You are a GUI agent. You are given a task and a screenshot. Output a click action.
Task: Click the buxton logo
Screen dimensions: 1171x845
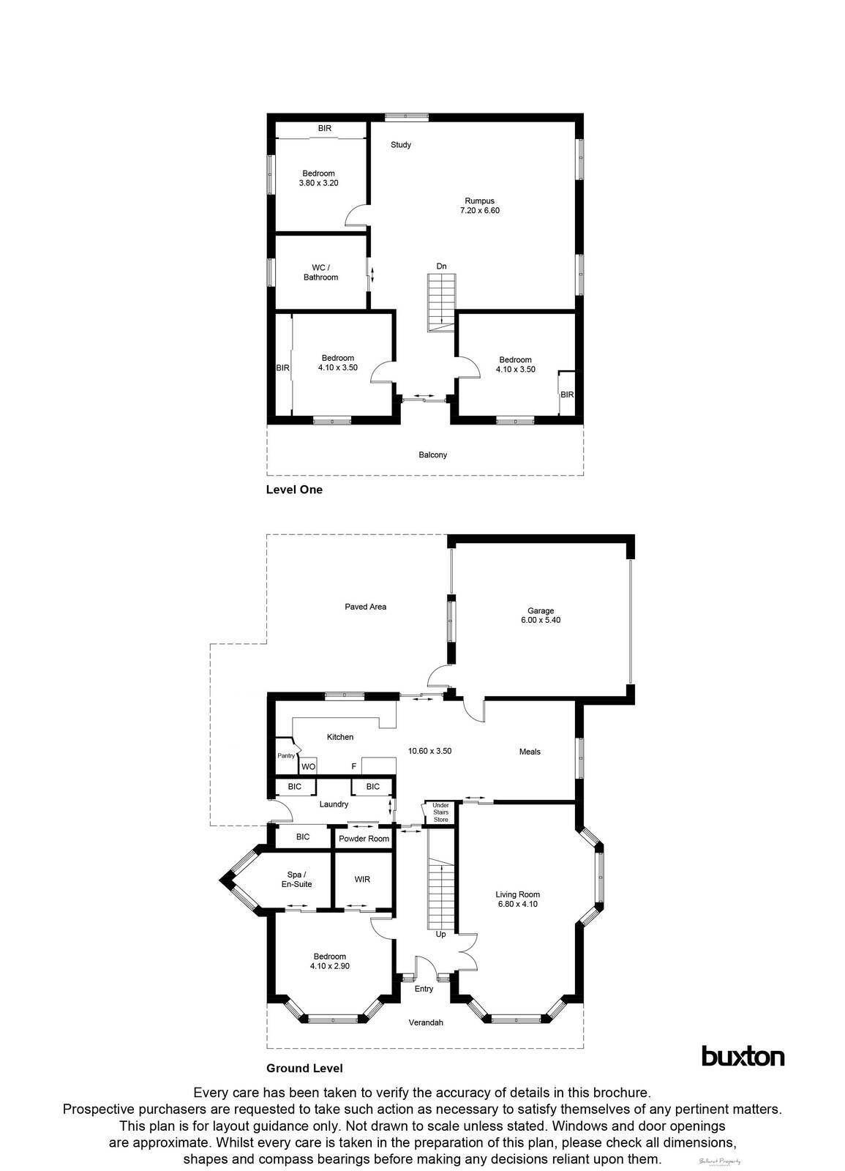(743, 1056)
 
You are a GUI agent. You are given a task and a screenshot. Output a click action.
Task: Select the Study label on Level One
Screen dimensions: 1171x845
(400, 145)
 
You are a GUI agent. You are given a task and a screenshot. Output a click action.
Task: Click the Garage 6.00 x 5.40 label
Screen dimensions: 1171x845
(541, 616)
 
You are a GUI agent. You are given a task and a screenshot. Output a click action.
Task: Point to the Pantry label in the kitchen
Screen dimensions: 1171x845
(285, 756)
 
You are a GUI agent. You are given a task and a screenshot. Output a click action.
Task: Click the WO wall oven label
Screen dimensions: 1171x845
(308, 767)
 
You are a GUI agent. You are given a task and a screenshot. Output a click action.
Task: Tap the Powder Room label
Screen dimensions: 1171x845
(364, 839)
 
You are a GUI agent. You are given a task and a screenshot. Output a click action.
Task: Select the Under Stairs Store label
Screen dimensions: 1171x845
(440, 812)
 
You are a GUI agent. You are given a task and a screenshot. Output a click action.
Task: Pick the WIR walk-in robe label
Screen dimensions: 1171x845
(362, 879)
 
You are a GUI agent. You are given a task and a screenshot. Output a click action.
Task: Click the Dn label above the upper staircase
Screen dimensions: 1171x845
(441, 266)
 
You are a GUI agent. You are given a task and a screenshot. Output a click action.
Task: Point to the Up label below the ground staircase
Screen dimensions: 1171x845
(440, 935)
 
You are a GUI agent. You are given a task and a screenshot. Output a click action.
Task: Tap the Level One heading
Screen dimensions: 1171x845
(293, 490)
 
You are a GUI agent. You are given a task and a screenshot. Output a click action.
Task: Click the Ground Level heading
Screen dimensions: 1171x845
(304, 1068)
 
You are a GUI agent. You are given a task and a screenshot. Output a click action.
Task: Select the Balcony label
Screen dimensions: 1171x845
(432, 455)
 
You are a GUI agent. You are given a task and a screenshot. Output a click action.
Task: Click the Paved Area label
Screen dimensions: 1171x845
(365, 607)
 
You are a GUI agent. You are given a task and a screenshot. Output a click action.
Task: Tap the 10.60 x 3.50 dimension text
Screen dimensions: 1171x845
(429, 751)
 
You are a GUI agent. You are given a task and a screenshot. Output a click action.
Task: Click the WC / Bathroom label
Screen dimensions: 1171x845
(320, 272)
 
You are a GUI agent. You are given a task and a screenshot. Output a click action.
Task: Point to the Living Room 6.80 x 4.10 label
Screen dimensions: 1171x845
(517, 899)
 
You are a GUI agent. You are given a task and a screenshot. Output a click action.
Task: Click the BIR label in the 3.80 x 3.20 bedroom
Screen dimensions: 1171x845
(324, 129)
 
